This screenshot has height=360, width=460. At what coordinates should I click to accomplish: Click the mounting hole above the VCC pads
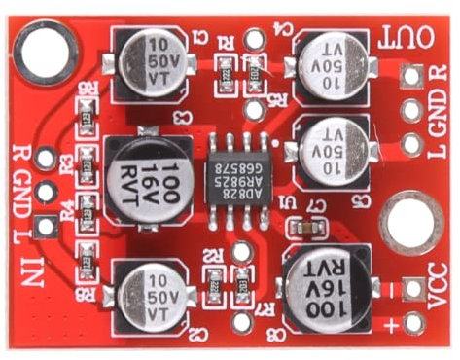coord(410,221)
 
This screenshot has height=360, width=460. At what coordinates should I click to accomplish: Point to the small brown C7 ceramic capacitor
coord(306,226)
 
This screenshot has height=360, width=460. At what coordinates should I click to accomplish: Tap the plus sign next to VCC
coord(425,324)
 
